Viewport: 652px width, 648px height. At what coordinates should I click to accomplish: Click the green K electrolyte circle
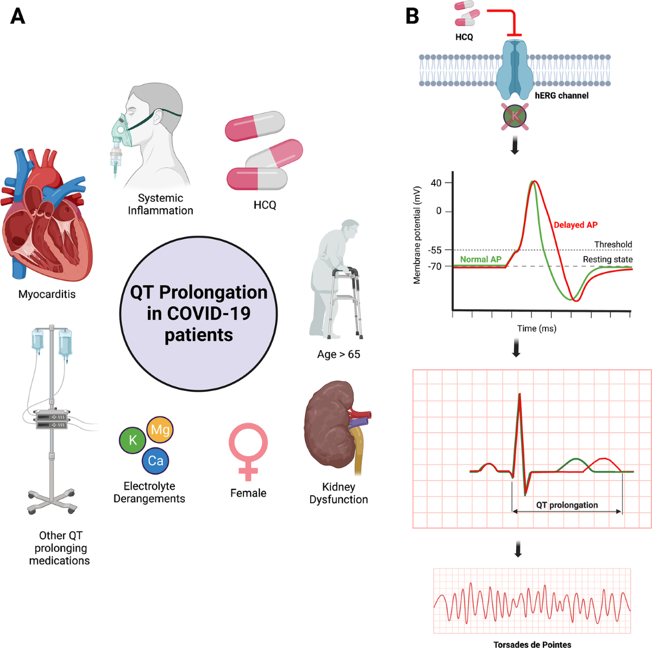coord(133,440)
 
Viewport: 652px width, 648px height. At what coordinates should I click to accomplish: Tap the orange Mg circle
coord(160,430)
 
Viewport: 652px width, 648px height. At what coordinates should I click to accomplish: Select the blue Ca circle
coord(155,461)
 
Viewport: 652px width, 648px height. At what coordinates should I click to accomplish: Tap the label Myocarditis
coord(47,294)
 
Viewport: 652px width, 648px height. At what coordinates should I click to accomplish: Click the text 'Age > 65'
coord(338,354)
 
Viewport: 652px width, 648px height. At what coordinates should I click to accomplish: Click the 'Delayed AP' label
coord(575,225)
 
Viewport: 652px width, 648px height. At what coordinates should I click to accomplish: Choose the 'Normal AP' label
coord(480,259)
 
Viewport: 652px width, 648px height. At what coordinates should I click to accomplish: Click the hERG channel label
coord(561,96)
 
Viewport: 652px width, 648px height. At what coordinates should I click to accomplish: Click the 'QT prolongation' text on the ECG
coord(567,505)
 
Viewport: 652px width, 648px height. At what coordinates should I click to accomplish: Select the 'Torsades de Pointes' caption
coord(532,644)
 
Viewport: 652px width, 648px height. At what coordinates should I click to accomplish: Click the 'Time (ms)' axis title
coord(536,328)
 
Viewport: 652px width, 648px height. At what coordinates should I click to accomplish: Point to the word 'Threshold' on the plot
coord(613,245)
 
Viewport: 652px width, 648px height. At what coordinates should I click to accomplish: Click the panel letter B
coord(412,16)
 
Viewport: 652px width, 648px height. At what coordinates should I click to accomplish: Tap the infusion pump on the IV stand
coord(52,419)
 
